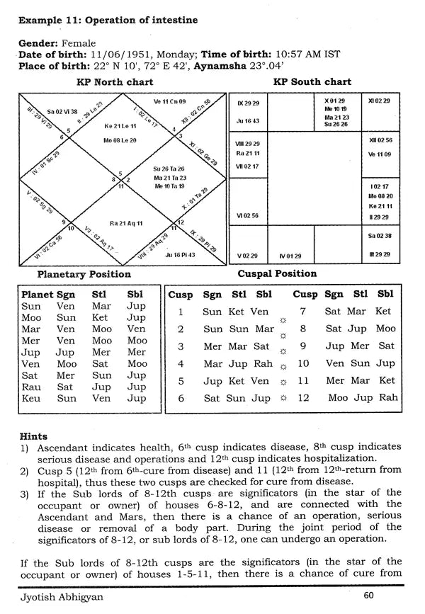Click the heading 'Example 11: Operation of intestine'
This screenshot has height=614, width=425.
108,19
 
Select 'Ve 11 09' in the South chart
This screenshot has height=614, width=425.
380,154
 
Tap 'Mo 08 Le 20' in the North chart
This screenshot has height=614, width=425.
120,140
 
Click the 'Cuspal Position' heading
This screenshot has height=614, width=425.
286,273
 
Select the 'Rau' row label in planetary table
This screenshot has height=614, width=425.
31,387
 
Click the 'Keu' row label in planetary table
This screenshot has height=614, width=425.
31,399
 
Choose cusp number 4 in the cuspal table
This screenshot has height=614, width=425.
181,364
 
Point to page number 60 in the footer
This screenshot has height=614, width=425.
368,596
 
